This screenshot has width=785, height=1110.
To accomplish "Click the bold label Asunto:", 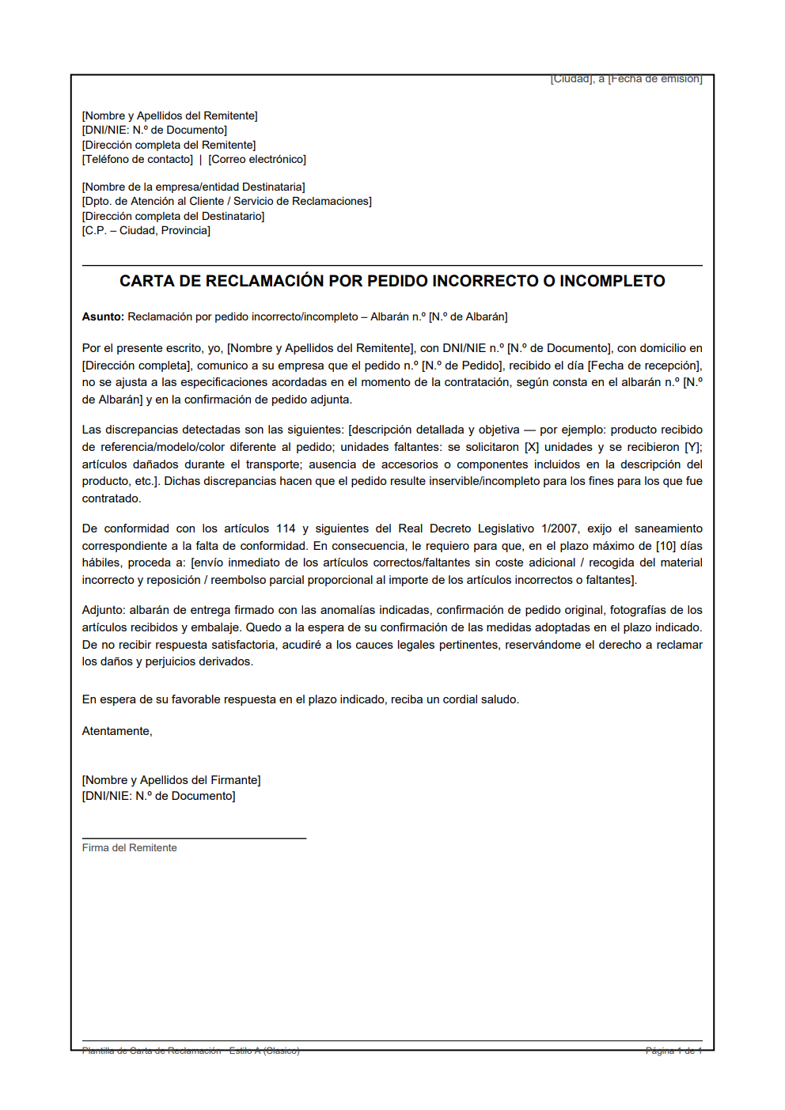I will tap(103, 316).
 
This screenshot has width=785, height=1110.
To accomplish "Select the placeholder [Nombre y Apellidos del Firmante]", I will tap(171, 780).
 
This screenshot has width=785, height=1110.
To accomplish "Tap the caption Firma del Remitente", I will tap(129, 847).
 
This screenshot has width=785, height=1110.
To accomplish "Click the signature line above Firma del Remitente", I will tap(194, 838).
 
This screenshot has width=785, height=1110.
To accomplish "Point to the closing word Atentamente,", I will tap(117, 731).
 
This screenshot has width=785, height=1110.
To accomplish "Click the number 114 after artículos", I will tap(286, 528).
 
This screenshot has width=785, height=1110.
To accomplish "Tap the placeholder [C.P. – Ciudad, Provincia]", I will tap(146, 230).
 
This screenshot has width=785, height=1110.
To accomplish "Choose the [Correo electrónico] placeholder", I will tap(257, 159).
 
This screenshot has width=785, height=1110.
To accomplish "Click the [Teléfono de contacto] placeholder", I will tap(137, 159).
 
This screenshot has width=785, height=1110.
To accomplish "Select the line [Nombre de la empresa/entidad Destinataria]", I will tap(193, 187).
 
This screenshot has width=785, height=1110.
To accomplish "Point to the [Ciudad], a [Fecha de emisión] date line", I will tap(626, 79).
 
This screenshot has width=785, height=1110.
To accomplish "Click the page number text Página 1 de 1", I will tap(673, 1051).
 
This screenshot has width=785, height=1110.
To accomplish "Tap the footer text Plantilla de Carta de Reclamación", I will tap(151, 1051).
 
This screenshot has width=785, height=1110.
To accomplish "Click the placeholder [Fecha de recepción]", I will tap(644, 366).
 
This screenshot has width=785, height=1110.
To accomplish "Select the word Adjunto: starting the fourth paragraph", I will tap(104, 610).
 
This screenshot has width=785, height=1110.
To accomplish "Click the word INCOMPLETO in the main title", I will tap(612, 281).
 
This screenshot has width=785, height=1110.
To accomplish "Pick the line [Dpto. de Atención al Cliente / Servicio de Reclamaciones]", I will tap(226, 201).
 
